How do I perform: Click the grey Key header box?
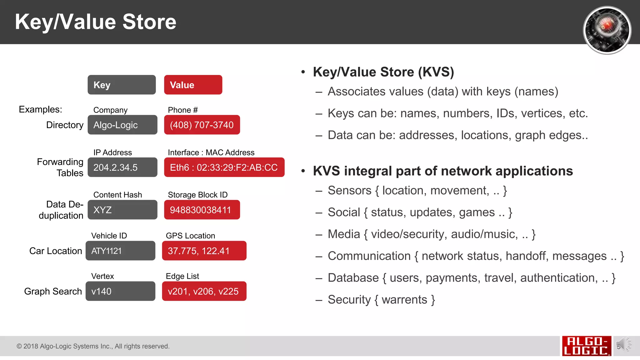tap(122, 85)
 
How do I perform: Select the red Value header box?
tap(193, 85)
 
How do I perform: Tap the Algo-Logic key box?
tap(122, 125)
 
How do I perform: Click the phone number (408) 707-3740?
tap(202, 125)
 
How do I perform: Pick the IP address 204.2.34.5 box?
tap(122, 167)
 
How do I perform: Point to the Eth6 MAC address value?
tap(224, 167)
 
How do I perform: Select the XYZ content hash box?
tap(122, 210)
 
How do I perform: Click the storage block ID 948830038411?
tap(202, 210)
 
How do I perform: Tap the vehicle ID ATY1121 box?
tap(120, 251)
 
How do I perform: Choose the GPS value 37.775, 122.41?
tap(204, 251)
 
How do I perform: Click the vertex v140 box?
tap(120, 291)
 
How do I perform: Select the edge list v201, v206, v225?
tap(204, 291)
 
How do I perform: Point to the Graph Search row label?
tap(53, 291)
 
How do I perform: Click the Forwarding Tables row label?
tap(61, 167)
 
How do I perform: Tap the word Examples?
tap(40, 109)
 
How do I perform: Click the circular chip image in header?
tap(607, 30)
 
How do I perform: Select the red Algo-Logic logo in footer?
tap(586, 346)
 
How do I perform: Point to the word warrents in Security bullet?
tap(404, 300)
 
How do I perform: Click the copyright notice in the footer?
tap(93, 346)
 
